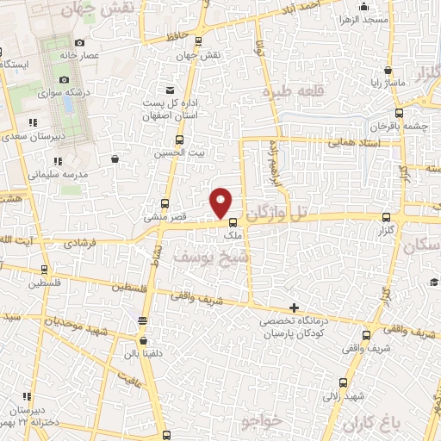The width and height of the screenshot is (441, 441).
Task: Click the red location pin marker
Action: [x=221, y=202]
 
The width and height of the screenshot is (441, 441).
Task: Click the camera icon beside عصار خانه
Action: [x=80, y=43]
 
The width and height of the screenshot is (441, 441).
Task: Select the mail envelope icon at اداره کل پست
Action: [x=171, y=90]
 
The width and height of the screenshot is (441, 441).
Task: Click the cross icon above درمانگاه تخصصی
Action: [x=295, y=307]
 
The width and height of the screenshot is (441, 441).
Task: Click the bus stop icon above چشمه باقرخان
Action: [x=398, y=113]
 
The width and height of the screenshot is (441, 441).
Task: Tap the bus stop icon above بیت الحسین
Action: [x=179, y=140]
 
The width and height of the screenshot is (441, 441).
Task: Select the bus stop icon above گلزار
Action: [x=385, y=219]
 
